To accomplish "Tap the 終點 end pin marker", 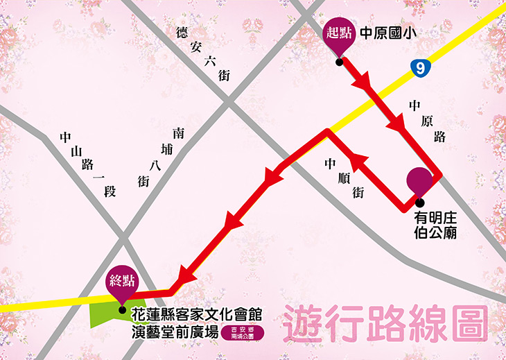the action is pyautogui.click(x=122, y=282).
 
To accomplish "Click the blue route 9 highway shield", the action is pyautogui.click(x=418, y=67).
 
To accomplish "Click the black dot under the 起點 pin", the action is pyautogui.click(x=339, y=62).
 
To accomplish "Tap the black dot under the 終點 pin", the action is pyautogui.click(x=122, y=310).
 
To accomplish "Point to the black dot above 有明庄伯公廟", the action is pyautogui.click(x=419, y=203).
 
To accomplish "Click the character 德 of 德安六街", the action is pyautogui.click(x=182, y=32).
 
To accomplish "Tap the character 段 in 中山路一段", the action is pyautogui.click(x=109, y=189).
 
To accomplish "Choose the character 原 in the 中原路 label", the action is pyautogui.click(x=428, y=121).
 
